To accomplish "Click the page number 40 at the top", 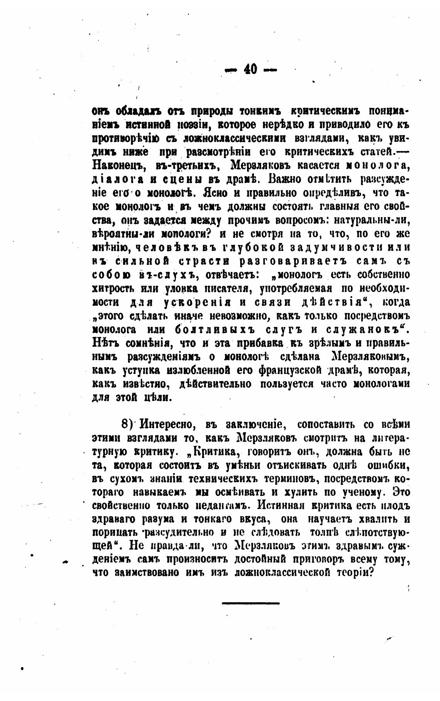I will point(250,69).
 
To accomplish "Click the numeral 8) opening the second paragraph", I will point(127,424).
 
